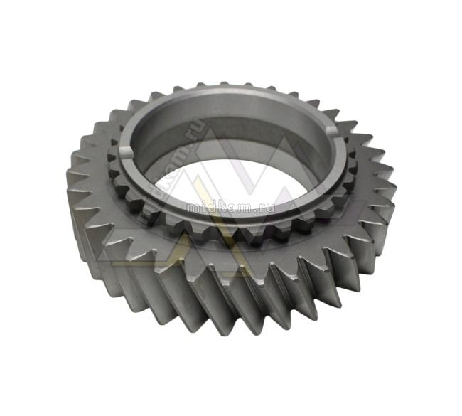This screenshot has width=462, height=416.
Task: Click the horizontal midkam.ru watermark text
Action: [231, 208]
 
